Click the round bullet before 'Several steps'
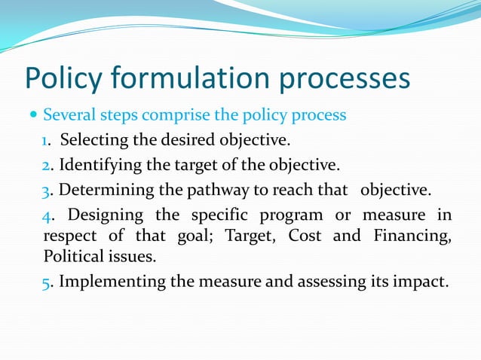[33, 116]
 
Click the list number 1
[46, 141]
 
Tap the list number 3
[46, 188]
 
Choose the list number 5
[46, 282]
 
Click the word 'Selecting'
[93, 141]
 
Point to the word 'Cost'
[308, 236]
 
